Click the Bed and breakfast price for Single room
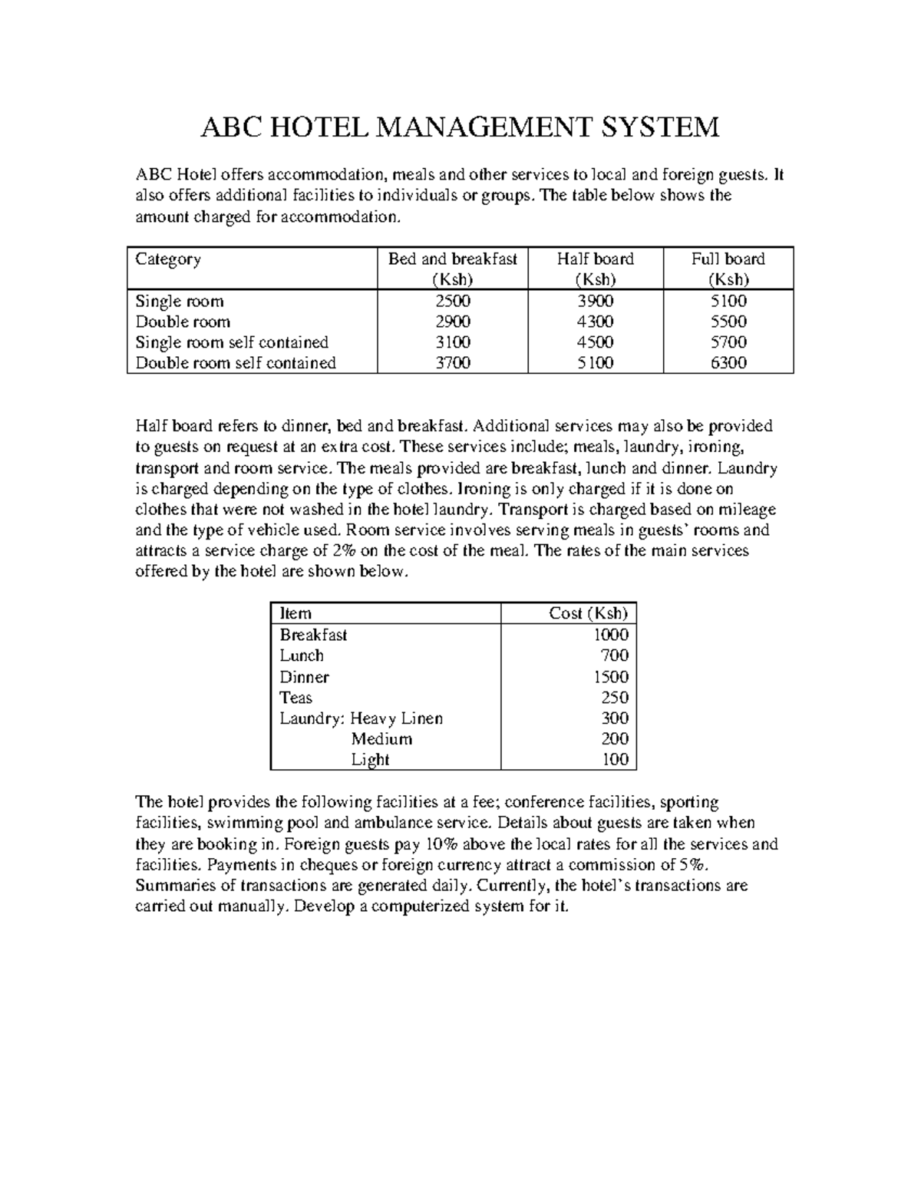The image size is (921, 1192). [x=453, y=301]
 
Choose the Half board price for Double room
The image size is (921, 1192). [x=596, y=322]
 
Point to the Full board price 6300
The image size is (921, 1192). [x=728, y=363]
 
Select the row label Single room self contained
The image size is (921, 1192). [x=232, y=342]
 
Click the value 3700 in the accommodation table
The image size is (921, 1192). [x=453, y=363]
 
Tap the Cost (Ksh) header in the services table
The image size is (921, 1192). [x=589, y=613]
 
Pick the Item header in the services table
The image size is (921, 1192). [x=295, y=613]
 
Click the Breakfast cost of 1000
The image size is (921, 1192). [x=611, y=635]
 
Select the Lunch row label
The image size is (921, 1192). [x=302, y=655]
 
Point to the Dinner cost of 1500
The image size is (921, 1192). [x=611, y=677]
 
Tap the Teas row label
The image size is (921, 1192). [x=296, y=698]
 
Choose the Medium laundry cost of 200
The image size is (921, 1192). [x=615, y=739]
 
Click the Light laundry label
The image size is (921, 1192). [x=371, y=760]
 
